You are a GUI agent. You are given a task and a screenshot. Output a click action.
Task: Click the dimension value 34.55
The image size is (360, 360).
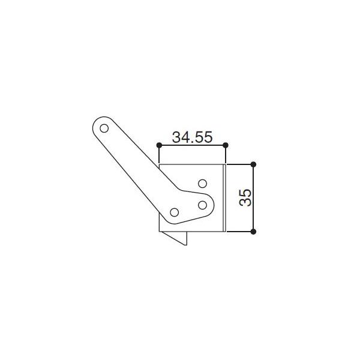[x=192, y=137]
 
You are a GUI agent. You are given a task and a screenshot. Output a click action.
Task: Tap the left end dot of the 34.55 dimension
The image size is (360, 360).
[x=159, y=145]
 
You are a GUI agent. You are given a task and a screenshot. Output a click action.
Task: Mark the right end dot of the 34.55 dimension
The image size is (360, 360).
[x=225, y=145]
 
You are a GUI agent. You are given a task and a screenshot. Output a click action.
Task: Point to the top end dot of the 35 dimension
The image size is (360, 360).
[x=253, y=164]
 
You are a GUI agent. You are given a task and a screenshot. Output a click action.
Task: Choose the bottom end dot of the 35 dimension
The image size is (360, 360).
[x=253, y=231]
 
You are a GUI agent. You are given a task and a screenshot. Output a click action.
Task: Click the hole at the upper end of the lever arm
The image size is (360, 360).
[x=104, y=128]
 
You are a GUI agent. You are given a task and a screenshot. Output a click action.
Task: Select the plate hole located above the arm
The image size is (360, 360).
[x=203, y=182]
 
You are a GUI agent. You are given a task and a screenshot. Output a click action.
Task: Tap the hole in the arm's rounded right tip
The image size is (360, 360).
[x=203, y=205]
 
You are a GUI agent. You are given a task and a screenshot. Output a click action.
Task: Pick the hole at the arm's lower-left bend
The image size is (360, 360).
[x=175, y=212]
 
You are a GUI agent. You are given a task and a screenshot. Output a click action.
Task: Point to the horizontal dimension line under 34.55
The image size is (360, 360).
[x=192, y=145]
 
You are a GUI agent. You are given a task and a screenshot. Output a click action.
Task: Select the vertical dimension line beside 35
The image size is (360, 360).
[x=253, y=197]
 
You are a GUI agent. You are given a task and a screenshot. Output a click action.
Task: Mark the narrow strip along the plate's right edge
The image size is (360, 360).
[x=224, y=197]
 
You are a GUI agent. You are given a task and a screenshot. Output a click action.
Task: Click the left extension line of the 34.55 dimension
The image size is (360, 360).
[x=159, y=154]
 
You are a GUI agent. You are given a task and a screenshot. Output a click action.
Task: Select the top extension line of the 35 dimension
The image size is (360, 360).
[x=239, y=164]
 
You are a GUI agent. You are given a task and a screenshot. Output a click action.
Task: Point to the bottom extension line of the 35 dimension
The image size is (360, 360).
[x=239, y=231]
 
